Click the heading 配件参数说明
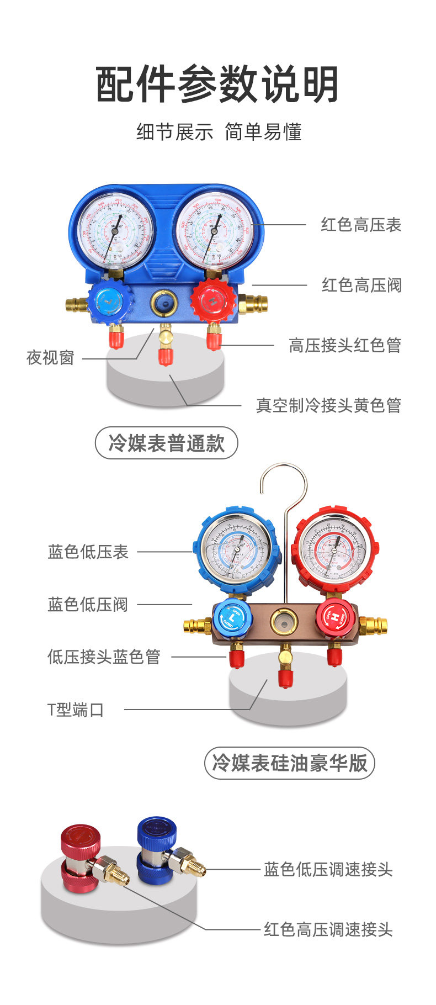coord(217,84)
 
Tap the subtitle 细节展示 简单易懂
coord(219,133)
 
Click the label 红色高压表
coord(361,225)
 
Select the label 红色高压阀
coord(361,285)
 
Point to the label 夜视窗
coord(50,358)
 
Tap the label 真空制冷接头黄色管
coord(328,405)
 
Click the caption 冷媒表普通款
coord(166,443)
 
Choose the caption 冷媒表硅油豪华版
coord(290,763)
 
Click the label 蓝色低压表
coord(88,552)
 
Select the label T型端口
coord(76,710)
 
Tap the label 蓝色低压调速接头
coord(328,870)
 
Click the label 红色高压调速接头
coord(328,929)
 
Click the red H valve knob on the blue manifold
coord(212,302)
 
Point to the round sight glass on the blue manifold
coord(163,302)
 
